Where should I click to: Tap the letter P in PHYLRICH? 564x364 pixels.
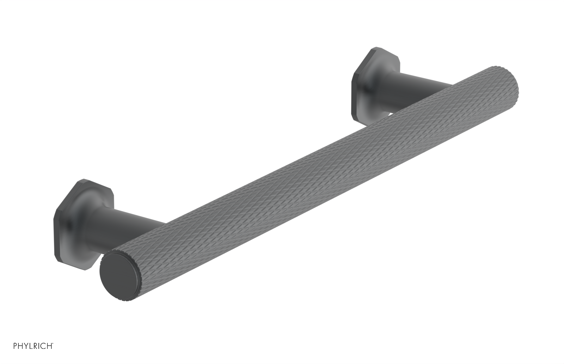tap(15, 355)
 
